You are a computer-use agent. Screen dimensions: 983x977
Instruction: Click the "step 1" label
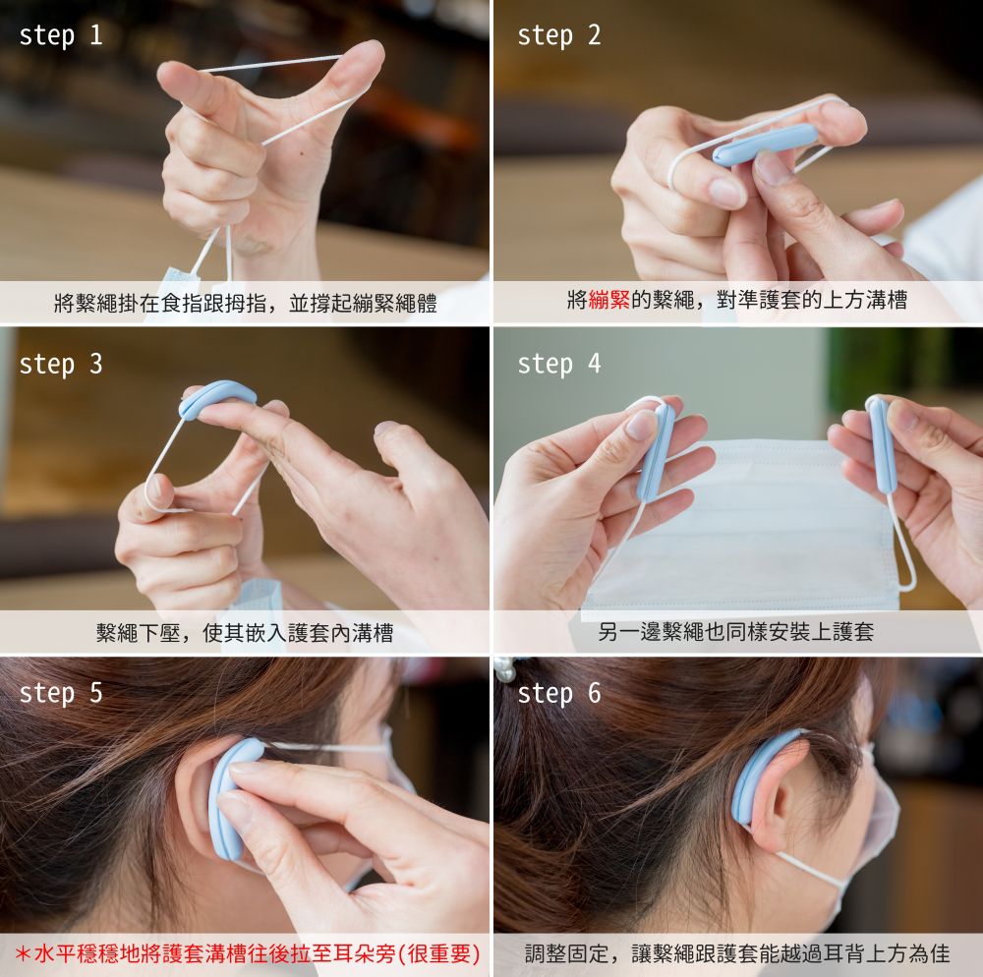[x=61, y=35]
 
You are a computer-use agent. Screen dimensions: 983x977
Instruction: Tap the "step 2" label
[x=559, y=35]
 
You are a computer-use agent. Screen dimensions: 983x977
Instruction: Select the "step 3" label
[x=61, y=364]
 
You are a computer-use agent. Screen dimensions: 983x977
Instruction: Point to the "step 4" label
[x=559, y=364]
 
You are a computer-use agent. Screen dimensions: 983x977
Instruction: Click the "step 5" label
[x=61, y=693]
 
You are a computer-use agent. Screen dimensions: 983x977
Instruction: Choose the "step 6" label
[x=559, y=693]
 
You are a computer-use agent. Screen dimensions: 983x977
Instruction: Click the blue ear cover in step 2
[x=765, y=144]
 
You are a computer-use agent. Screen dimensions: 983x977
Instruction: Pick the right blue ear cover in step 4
[x=882, y=443]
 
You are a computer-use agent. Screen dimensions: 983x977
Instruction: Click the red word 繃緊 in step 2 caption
[x=608, y=300]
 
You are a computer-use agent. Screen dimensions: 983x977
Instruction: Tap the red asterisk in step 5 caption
[x=23, y=953]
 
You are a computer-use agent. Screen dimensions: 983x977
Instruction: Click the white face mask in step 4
[x=740, y=527]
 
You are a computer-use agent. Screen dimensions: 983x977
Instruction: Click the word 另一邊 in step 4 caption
[x=630, y=631]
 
